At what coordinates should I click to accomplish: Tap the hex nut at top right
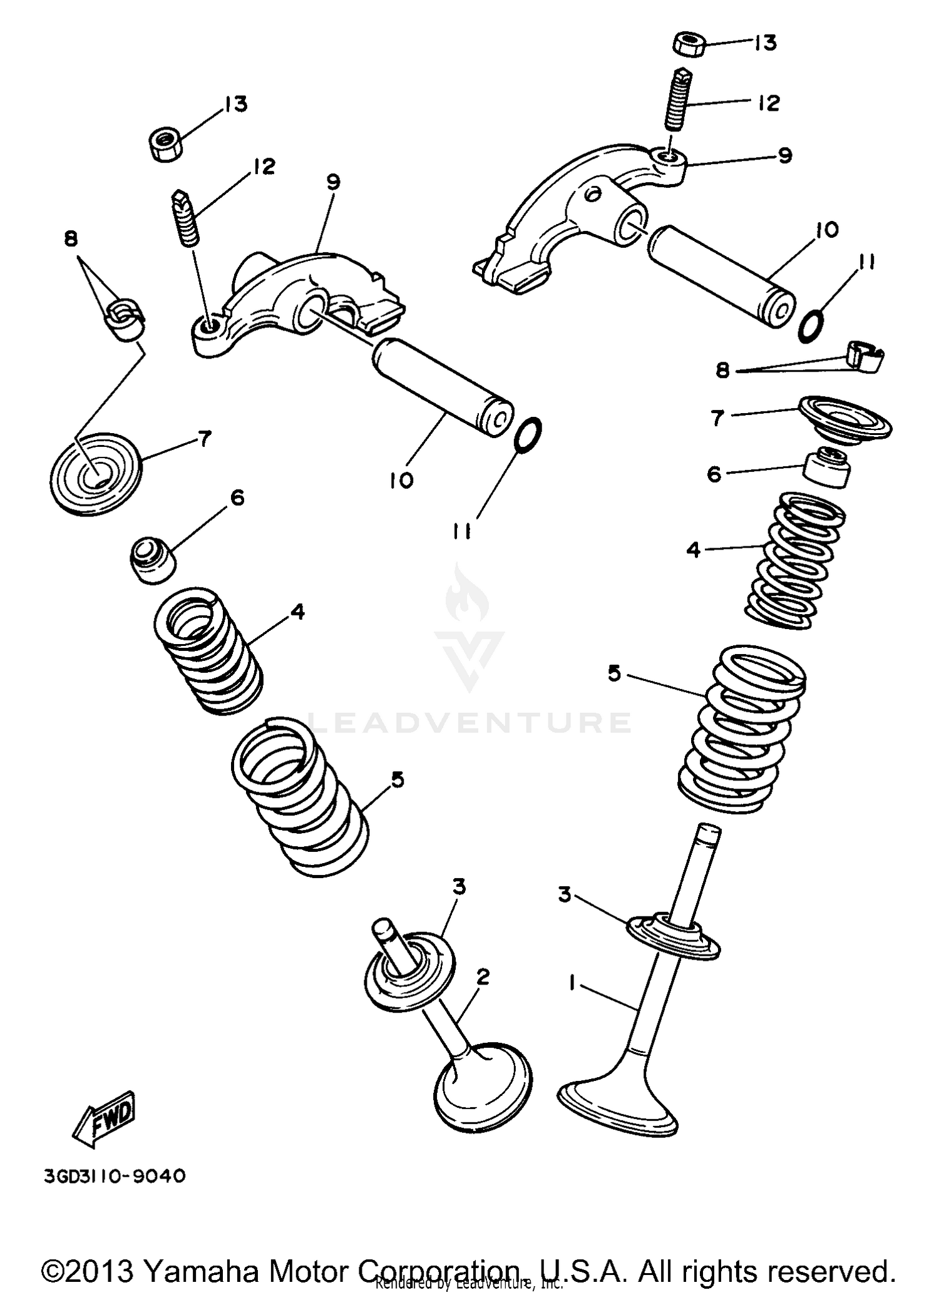pos(690,45)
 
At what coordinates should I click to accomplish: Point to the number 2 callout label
pos(482,977)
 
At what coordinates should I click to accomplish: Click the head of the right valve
pos(617,1106)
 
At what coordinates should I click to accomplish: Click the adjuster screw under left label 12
pos(185,218)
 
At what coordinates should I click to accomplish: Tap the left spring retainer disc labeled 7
pos(96,473)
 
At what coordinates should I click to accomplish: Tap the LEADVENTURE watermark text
pos(469,722)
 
